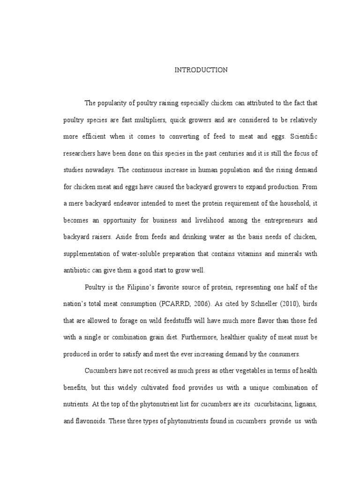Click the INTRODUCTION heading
(201, 70)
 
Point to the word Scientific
(304, 137)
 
